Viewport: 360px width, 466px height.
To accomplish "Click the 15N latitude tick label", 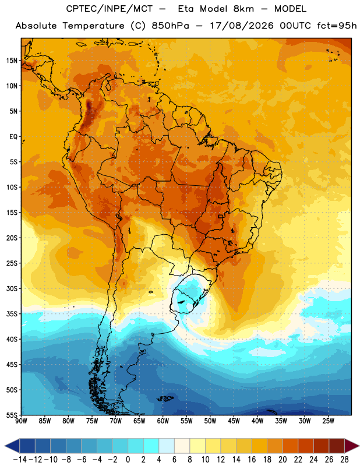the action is [12, 61].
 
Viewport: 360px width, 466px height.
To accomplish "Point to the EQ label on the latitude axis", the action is [13, 137].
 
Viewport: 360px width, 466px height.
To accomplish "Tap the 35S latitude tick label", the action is [12, 314].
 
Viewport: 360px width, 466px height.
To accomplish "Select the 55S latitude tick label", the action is [12, 415].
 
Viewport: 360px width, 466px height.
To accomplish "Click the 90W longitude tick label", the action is [21, 421].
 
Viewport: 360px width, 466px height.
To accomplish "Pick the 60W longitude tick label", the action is [163, 421].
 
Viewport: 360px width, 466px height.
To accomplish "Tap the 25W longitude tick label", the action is [328, 421].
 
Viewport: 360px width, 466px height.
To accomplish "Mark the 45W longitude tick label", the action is [234, 421].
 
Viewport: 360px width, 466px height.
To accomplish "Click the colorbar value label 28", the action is [344, 460].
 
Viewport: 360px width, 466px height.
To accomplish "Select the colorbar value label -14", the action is [20, 460].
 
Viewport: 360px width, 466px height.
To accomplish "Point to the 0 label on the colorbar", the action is [128, 460].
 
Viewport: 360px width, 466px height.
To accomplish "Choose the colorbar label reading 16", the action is [252, 460].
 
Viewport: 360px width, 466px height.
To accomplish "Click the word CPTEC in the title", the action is [76, 9].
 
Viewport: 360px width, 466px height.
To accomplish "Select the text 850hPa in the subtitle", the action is [170, 26].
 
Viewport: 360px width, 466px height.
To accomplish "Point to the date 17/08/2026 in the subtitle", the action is [242, 26].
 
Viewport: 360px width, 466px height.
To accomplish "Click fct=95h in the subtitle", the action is [337, 26].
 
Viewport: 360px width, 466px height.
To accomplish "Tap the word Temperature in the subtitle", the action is [93, 26].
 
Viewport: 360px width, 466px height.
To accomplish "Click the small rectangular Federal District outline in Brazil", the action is [221, 216].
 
